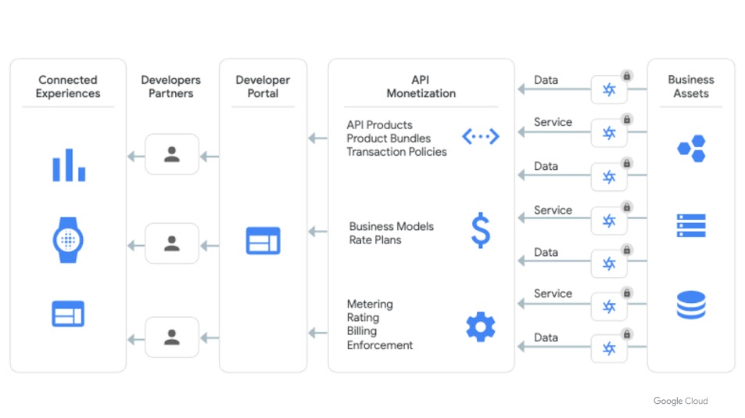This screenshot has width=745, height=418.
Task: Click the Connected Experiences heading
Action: (x=69, y=86)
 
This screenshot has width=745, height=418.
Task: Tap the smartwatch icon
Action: (x=68, y=239)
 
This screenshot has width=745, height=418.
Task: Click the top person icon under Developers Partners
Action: (x=172, y=154)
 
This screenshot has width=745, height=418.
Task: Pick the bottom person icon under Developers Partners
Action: (x=172, y=337)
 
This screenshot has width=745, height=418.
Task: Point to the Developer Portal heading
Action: (x=263, y=86)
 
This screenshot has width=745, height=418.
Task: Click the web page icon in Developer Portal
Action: (x=263, y=240)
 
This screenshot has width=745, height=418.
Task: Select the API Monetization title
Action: (x=421, y=86)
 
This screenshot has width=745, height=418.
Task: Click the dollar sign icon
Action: (x=480, y=231)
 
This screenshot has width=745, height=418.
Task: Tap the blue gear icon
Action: (x=481, y=326)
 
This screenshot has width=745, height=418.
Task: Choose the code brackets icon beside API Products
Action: (x=480, y=137)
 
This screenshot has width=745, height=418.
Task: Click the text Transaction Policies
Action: (x=396, y=152)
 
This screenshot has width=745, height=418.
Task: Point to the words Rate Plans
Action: (x=375, y=240)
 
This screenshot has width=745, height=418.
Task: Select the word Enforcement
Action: (x=380, y=345)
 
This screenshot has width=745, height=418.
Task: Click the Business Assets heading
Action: (x=691, y=86)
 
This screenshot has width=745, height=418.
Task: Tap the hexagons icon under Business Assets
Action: (x=691, y=148)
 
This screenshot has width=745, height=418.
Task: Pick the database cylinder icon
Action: (x=691, y=305)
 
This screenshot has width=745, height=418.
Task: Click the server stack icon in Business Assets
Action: (x=691, y=225)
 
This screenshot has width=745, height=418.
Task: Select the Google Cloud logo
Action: (x=680, y=401)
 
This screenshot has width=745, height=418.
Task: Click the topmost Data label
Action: (x=546, y=80)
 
